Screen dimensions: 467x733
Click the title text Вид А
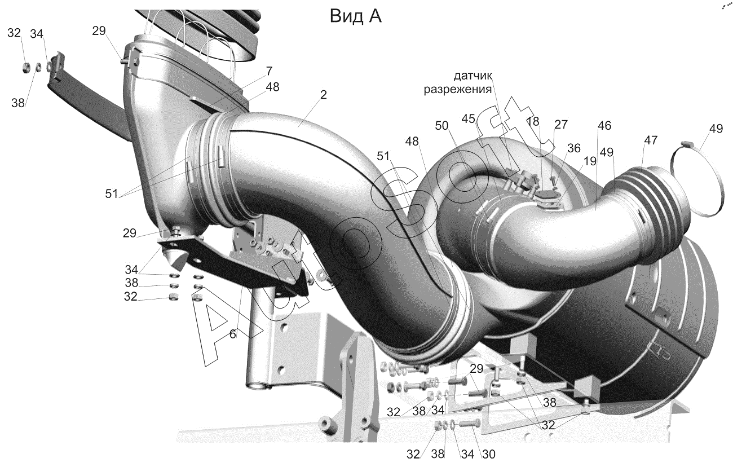coord(355,16)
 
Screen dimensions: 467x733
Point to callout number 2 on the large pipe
coord(323,95)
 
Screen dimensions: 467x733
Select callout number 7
coord(269,71)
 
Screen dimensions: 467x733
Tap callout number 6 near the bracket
coord(232,333)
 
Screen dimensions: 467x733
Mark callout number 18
coord(533,122)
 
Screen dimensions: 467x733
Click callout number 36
coord(573,148)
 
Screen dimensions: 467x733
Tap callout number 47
coord(650,141)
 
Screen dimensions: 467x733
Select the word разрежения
coord(458,89)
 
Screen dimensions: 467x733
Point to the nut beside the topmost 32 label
coord(25,68)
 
